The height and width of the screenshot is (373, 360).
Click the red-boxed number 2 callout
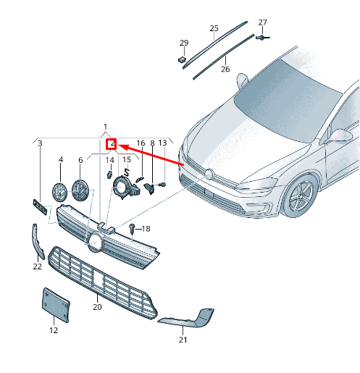112,146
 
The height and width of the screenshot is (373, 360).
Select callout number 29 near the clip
184,43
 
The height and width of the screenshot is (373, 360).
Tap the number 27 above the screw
262,22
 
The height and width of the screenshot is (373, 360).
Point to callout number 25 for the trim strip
214,28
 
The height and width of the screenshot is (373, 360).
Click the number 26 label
225,70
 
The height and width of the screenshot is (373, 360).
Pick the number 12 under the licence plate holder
53,330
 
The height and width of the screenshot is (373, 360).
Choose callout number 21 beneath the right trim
183,339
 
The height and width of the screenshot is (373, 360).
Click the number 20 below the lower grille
97,307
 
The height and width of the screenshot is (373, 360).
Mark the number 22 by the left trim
38,267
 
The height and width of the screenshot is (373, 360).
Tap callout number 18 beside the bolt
146,229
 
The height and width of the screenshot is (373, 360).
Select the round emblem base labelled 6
80,193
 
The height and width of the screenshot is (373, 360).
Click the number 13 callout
162,143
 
